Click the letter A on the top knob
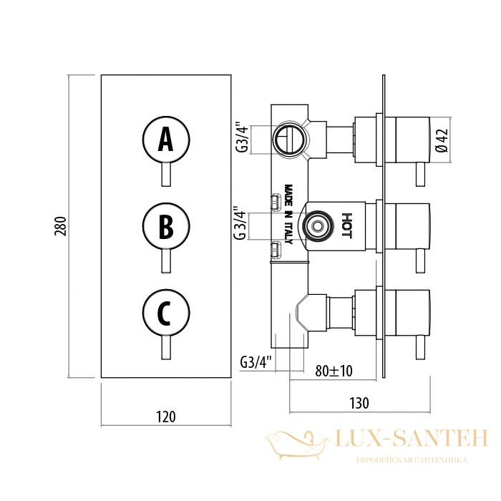click(x=165, y=139)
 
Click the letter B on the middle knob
click(x=166, y=227)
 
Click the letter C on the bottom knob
click(x=164, y=313)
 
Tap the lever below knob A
click(x=166, y=175)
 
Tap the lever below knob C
click(x=166, y=348)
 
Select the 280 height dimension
click(x=60, y=226)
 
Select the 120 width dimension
click(x=166, y=417)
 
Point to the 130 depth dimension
click(x=359, y=403)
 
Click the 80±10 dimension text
click(x=334, y=371)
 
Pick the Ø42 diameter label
click(x=442, y=140)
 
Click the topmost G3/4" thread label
click(x=242, y=137)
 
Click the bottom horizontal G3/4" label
click(x=256, y=361)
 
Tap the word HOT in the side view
click(x=347, y=226)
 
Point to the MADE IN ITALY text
click(x=288, y=214)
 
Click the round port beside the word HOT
click(x=317, y=226)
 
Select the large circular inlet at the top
click(x=291, y=140)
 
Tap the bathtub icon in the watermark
click(x=296, y=444)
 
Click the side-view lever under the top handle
click(x=421, y=175)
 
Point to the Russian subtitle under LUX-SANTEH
click(x=412, y=460)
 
